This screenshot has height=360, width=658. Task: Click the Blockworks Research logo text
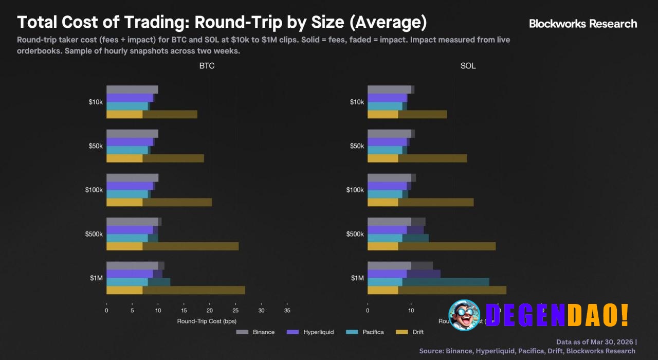point(583,24)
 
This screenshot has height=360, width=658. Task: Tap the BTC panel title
point(207,66)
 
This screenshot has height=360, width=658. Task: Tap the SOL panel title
point(468,66)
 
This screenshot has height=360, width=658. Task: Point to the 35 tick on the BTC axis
point(287,311)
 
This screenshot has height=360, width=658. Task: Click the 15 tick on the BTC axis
point(184,311)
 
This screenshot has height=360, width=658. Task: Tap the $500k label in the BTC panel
point(94,235)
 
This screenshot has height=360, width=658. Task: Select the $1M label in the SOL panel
point(357,278)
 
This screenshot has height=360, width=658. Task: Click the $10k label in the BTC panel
point(96,102)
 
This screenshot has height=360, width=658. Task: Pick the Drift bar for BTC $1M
point(175,290)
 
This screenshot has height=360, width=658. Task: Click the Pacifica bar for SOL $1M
point(428,282)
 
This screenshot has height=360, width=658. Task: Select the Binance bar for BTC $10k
point(132,89)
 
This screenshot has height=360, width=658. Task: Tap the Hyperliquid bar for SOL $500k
point(396,230)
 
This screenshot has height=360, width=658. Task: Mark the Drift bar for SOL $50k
point(417,158)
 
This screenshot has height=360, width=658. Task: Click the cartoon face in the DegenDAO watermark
point(464,315)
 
